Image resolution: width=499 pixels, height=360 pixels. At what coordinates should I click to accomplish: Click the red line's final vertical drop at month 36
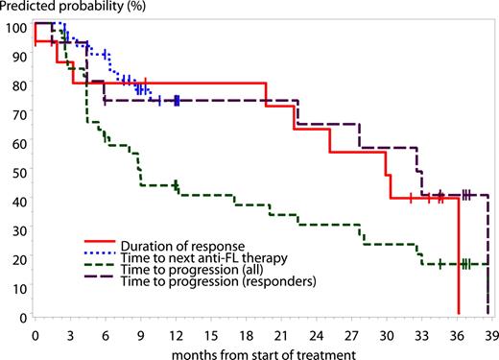pyautogui.click(x=458, y=259)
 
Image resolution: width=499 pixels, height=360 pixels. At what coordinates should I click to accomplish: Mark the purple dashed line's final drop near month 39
pyautogui.click(x=487, y=259)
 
